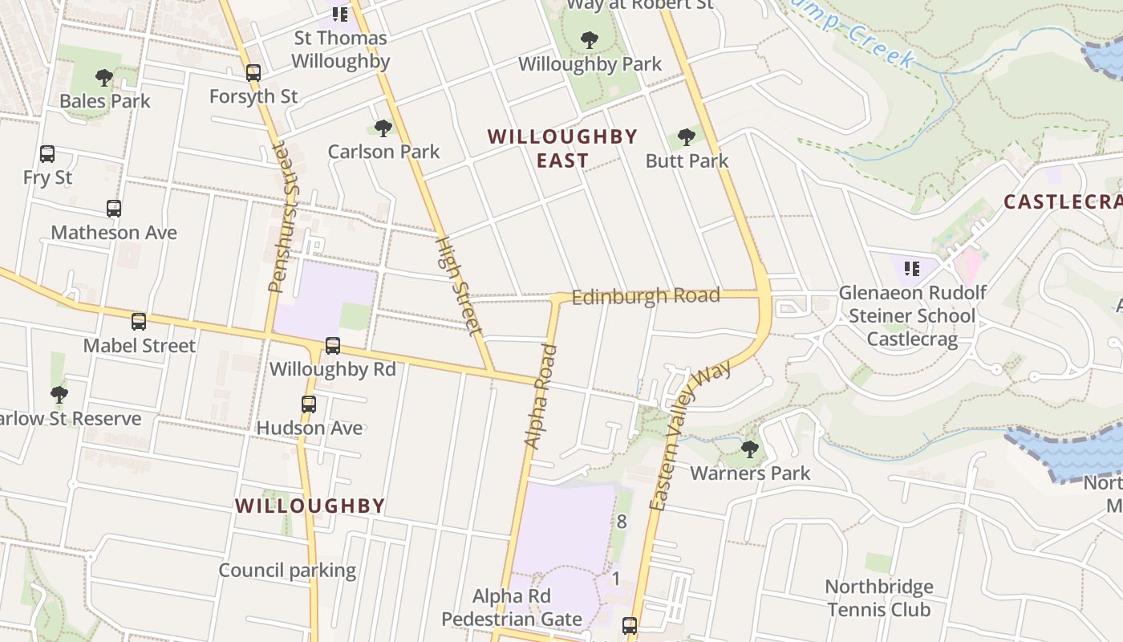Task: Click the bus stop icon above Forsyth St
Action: (253, 73)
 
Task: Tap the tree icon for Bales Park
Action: (103, 78)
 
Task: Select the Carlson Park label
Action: (383, 152)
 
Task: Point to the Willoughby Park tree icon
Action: (590, 40)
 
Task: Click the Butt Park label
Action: (687, 161)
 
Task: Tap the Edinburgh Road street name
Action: (646, 296)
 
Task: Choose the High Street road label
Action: (459, 285)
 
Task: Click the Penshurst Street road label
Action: (279, 217)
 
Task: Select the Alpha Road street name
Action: (539, 396)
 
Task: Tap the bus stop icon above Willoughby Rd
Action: (333, 346)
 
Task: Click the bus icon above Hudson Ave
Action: (309, 404)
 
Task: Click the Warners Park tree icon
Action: (750, 449)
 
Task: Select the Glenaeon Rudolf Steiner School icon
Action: (911, 268)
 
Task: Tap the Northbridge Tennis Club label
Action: (878, 599)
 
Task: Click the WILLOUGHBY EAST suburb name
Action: (562, 148)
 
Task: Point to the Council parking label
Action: (287, 571)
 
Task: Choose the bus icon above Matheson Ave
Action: (114, 209)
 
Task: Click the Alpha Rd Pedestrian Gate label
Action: (512, 608)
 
